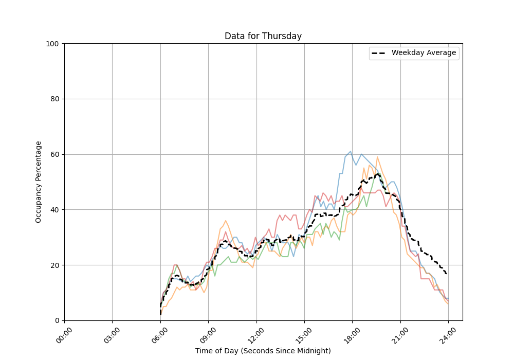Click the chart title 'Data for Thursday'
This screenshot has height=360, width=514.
(x=263, y=36)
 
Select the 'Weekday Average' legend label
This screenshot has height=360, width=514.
(x=424, y=53)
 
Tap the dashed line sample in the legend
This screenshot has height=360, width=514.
(x=380, y=53)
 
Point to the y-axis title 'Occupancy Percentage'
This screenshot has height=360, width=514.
(x=39, y=182)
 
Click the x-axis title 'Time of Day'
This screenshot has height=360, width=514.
(x=263, y=351)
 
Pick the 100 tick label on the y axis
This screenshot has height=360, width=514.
(x=52, y=44)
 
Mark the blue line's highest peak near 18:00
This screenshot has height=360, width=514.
(x=351, y=152)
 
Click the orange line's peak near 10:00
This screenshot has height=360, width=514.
(x=225, y=221)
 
